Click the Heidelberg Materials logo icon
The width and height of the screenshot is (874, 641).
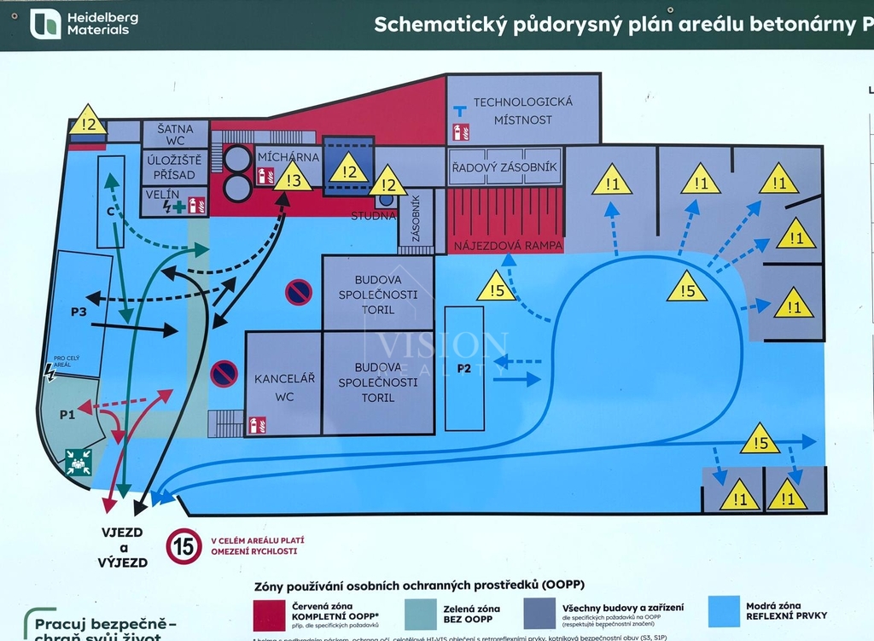45,24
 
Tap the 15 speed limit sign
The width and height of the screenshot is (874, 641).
184,545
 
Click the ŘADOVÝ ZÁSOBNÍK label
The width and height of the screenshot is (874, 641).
504,167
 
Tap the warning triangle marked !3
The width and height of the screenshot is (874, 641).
293,178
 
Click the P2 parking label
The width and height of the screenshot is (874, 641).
464,369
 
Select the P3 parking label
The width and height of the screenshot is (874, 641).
79,312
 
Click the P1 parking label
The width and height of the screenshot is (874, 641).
67,414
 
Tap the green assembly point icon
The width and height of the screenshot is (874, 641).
79,462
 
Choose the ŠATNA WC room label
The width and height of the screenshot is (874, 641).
175,134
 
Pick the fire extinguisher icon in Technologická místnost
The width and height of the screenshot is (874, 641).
461,132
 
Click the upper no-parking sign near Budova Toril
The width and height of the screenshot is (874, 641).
299,293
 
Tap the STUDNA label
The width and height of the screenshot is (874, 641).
373,215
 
